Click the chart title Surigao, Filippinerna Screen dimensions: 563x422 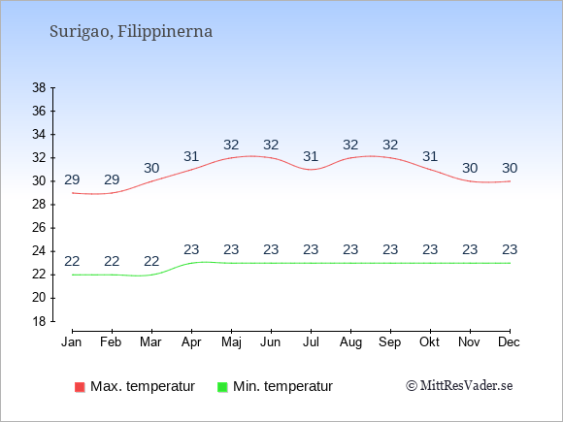(x=131, y=32)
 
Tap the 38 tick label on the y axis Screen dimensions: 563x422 (x=39, y=87)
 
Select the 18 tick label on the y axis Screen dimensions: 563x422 (x=39, y=321)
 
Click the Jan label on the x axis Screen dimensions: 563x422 (x=72, y=342)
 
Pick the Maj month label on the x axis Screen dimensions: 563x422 (x=231, y=342)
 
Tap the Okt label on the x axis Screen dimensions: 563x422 (x=429, y=342)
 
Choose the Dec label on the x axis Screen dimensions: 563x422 (x=510, y=342)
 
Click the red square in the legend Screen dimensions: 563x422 (x=80, y=387)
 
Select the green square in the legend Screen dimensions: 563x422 (x=222, y=387)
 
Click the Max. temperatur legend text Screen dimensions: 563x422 (x=143, y=386)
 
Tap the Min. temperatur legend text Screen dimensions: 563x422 (x=282, y=386)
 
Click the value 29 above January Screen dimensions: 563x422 (x=72, y=179)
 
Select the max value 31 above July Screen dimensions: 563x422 (x=311, y=156)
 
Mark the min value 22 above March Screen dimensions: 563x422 (x=151, y=261)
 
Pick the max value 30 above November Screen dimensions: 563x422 (x=470, y=168)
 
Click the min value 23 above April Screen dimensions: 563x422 (x=191, y=249)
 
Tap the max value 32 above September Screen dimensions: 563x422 (x=390, y=145)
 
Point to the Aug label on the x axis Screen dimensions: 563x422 (x=350, y=342)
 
